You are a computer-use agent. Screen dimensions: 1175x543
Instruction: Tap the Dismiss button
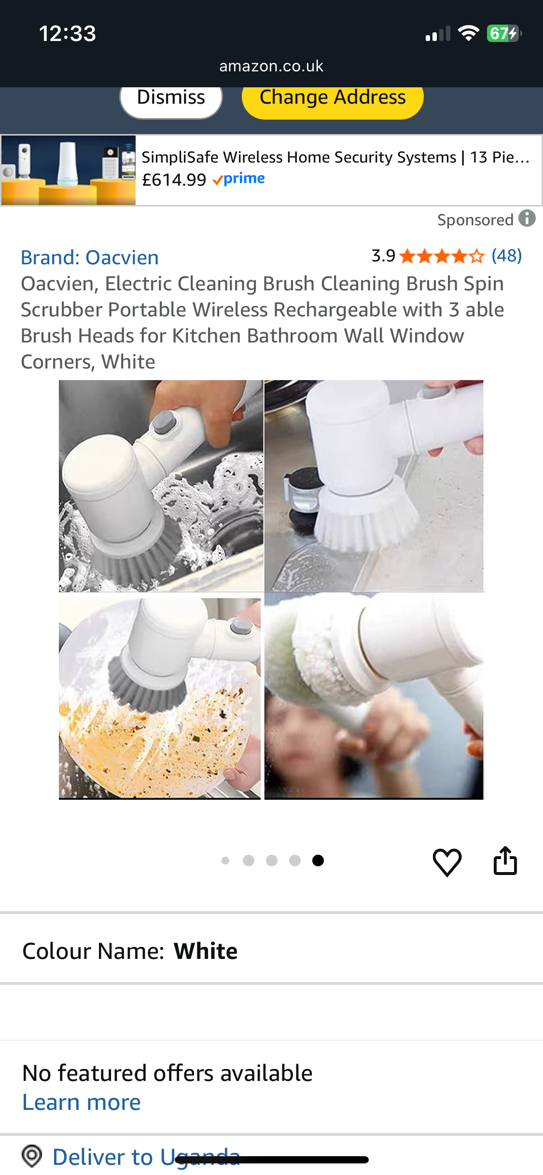coord(171,98)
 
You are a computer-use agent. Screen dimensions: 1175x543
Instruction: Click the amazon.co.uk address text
coord(271,66)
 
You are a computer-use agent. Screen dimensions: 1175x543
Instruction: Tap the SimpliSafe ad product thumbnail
coord(69,170)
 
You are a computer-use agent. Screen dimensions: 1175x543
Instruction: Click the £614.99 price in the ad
coord(174,180)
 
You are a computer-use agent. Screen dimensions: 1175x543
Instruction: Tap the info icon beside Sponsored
coord(527,219)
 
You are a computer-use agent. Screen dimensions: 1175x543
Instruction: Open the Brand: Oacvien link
coord(90,258)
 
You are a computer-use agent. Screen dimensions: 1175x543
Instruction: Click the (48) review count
coord(506,256)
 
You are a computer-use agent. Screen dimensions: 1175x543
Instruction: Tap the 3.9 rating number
coord(383,256)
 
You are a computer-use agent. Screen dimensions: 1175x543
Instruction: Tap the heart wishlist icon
coord(447,862)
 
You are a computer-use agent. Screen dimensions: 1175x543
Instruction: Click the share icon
coord(505,861)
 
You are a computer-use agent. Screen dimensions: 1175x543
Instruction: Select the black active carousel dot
coord(318,861)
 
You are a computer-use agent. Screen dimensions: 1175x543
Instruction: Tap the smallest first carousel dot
coord(225,861)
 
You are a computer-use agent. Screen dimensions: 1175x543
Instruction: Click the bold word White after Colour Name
coord(206,951)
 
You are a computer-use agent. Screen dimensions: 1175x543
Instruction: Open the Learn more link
coord(82,1103)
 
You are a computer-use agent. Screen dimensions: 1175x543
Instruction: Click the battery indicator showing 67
coord(503,34)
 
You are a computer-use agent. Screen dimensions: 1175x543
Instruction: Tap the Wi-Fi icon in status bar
coord(468,34)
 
